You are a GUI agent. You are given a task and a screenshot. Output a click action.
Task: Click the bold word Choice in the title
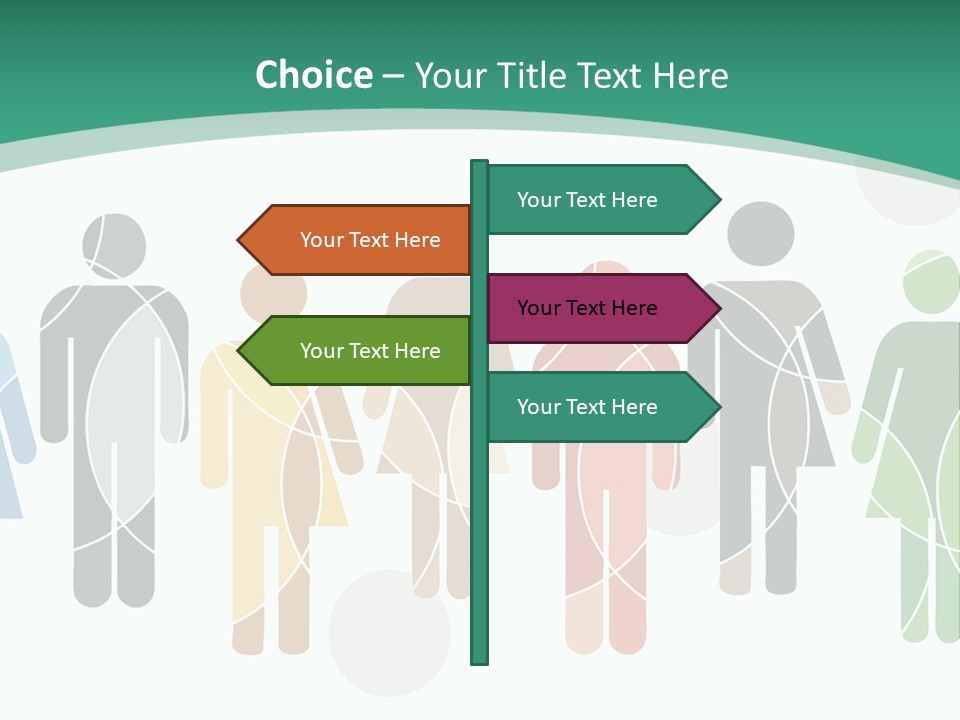[313, 75]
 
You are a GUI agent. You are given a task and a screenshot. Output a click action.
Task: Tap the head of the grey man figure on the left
[114, 245]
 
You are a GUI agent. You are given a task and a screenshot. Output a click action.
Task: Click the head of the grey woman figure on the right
[760, 234]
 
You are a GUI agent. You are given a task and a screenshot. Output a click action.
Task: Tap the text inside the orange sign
[370, 240]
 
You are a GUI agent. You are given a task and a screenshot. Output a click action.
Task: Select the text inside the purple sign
[587, 308]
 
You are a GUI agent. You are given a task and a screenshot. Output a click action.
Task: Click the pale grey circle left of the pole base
[389, 633]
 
